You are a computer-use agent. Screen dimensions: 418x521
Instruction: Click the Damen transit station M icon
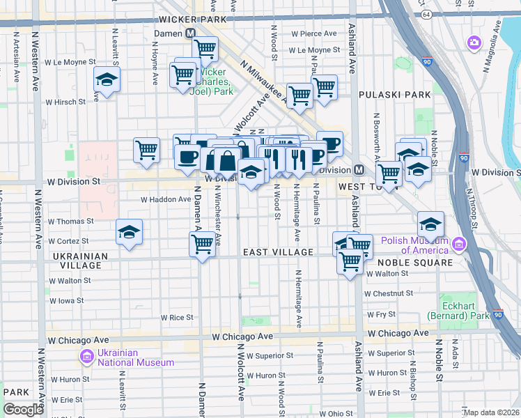pos(191,33)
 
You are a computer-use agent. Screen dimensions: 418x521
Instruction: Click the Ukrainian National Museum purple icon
pos(86,357)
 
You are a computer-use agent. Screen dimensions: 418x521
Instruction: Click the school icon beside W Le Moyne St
pos(107,79)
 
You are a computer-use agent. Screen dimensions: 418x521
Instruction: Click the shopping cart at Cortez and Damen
pos(202,245)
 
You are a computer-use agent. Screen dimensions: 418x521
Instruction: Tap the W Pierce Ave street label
pos(314,33)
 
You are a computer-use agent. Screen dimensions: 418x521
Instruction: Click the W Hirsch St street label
pos(65,102)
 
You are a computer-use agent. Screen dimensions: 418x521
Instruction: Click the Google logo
pos(24,410)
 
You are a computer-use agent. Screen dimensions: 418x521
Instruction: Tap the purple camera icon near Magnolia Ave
pos(474,43)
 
